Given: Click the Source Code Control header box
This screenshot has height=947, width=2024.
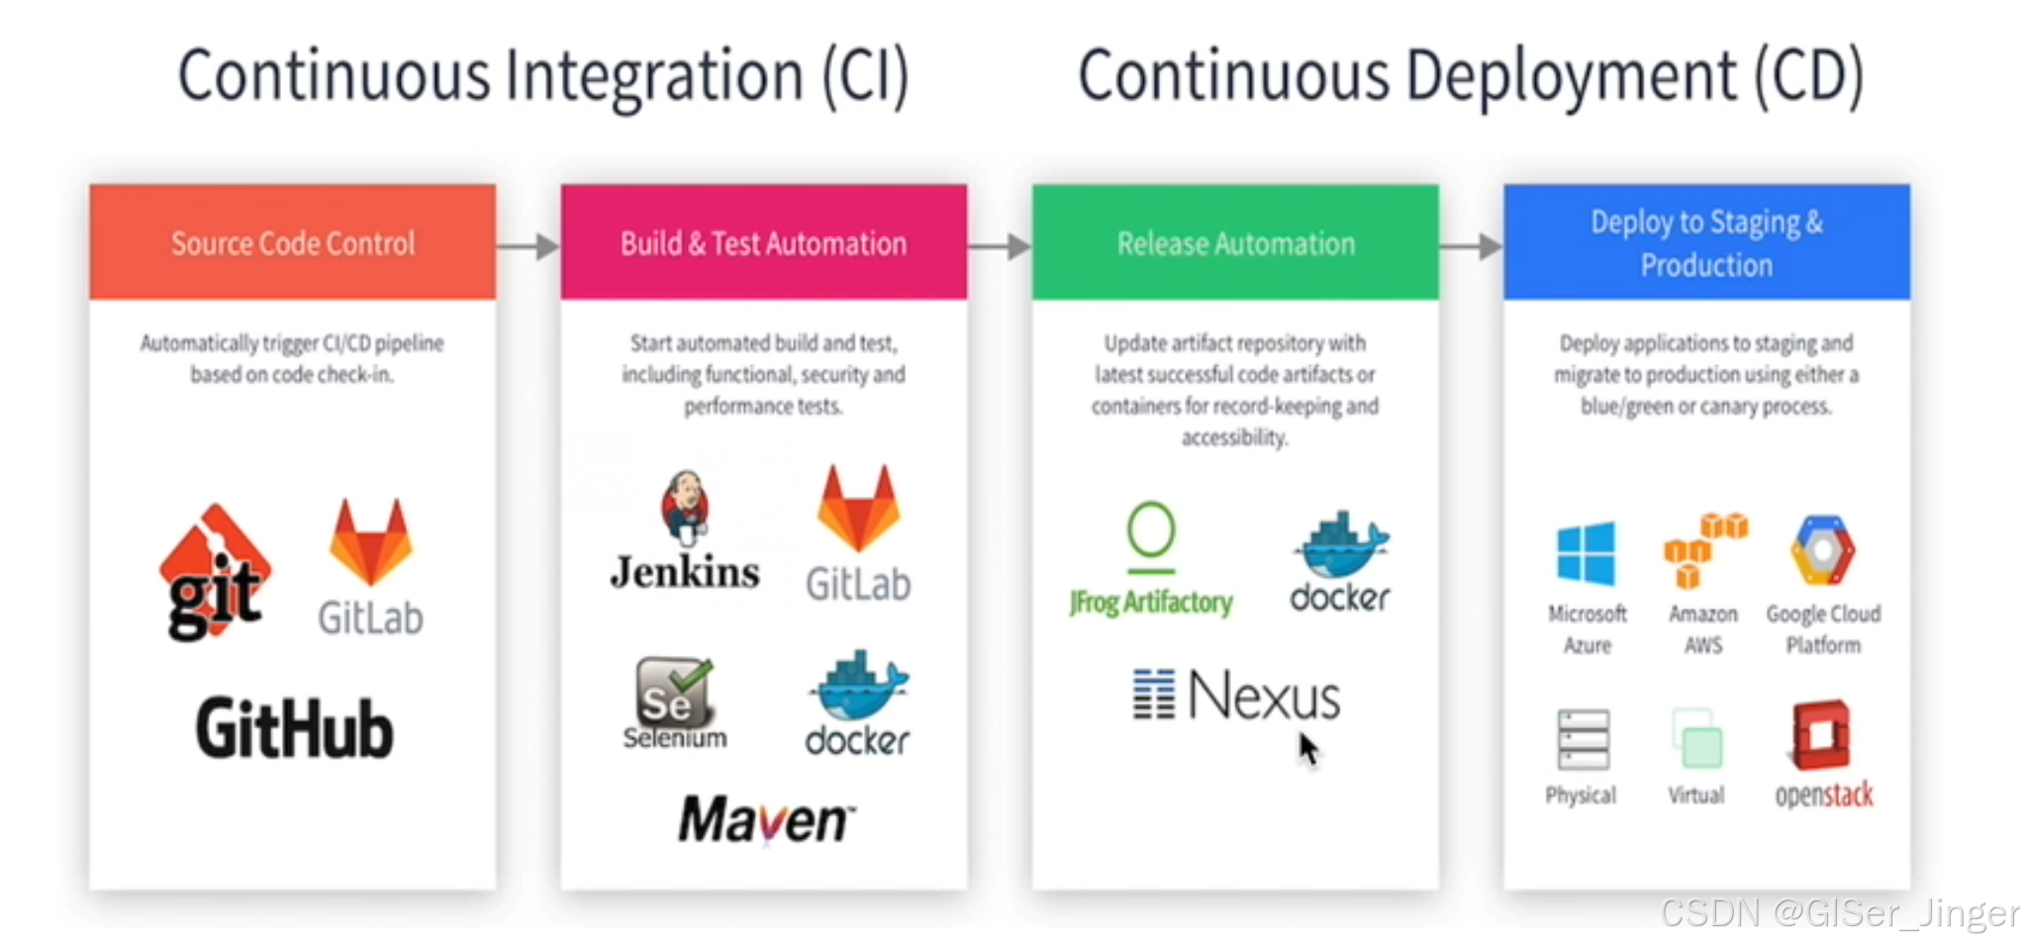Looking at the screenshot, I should [292, 241].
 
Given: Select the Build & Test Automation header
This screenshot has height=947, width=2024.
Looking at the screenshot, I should [763, 241].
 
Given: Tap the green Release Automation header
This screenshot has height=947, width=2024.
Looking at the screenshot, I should [1234, 241].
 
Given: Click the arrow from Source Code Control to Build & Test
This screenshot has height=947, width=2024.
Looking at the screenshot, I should [529, 246].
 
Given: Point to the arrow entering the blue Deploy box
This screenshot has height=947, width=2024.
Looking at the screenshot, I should [1472, 246].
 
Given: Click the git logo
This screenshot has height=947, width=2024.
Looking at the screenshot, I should [214, 571].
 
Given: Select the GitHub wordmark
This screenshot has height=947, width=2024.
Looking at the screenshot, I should [294, 729].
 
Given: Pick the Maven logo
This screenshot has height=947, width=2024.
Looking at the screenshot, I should [765, 819].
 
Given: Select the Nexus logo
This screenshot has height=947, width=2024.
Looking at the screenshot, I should [1237, 696].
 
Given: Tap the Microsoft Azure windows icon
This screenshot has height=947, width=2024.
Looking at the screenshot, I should [1586, 554].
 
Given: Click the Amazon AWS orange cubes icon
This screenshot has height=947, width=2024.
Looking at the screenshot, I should [1704, 549].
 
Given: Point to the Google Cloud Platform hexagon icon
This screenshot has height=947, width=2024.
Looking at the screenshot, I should [1822, 550].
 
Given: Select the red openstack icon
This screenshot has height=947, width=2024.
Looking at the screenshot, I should [1821, 735].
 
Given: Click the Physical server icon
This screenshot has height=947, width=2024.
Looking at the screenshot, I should [1582, 740].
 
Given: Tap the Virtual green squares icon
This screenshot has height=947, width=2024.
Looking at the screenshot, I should [1696, 739].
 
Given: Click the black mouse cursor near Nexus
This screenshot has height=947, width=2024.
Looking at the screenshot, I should [1308, 749].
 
